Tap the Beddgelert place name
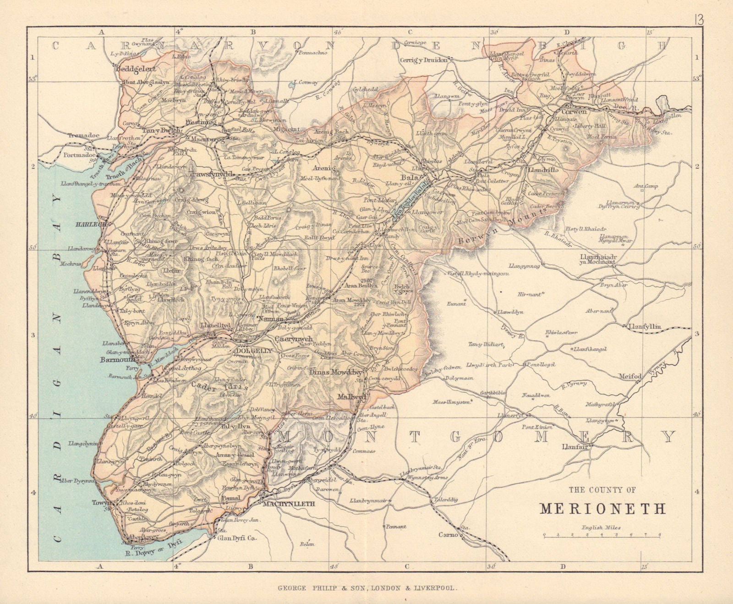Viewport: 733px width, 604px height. tap(136, 69)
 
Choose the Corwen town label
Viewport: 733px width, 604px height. tap(571, 111)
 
